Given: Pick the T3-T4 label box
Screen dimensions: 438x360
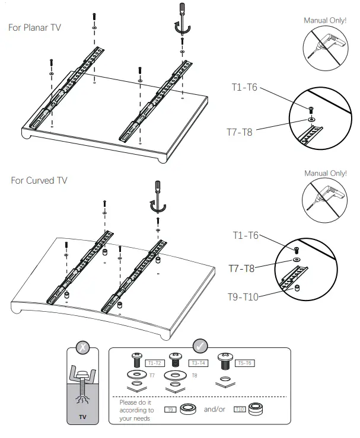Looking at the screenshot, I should pos(198,363).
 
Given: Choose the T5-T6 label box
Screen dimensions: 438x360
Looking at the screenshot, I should pos(244,363).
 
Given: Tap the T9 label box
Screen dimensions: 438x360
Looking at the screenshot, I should pos(171,409).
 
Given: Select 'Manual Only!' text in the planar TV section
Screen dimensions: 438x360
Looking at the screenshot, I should pos(325,20).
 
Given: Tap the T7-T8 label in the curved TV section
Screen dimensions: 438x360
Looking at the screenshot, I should pos(241,268).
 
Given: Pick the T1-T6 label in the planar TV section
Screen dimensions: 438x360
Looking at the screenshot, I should pos(244,87).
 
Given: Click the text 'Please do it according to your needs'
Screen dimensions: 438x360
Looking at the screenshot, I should pos(136,410).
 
